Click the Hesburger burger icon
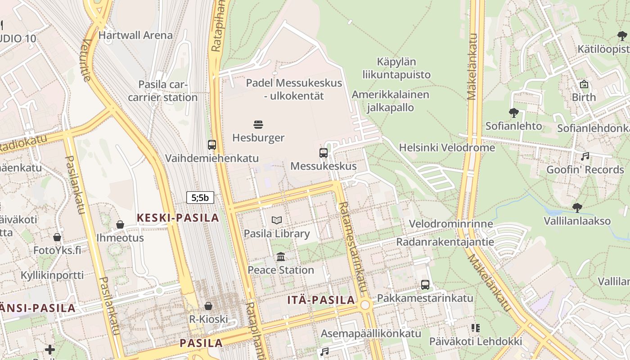[x=258, y=124]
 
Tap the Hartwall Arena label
[x=135, y=35]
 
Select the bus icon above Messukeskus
[x=324, y=153]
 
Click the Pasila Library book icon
[x=277, y=220]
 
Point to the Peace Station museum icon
[x=281, y=257]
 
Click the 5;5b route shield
[x=200, y=197]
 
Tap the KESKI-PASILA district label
[x=178, y=218]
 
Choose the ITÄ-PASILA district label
[x=321, y=300]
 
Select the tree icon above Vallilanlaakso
[x=577, y=208]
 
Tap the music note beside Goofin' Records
[x=585, y=157]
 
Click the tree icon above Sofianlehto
[x=513, y=112]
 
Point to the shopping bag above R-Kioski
[x=208, y=306]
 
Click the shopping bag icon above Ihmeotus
[x=120, y=224]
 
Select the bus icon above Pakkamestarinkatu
[x=425, y=284]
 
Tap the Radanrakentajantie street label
[x=445, y=242]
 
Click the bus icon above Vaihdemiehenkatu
[x=212, y=145]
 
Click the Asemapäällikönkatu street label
[x=371, y=333]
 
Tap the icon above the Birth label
[x=584, y=84]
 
